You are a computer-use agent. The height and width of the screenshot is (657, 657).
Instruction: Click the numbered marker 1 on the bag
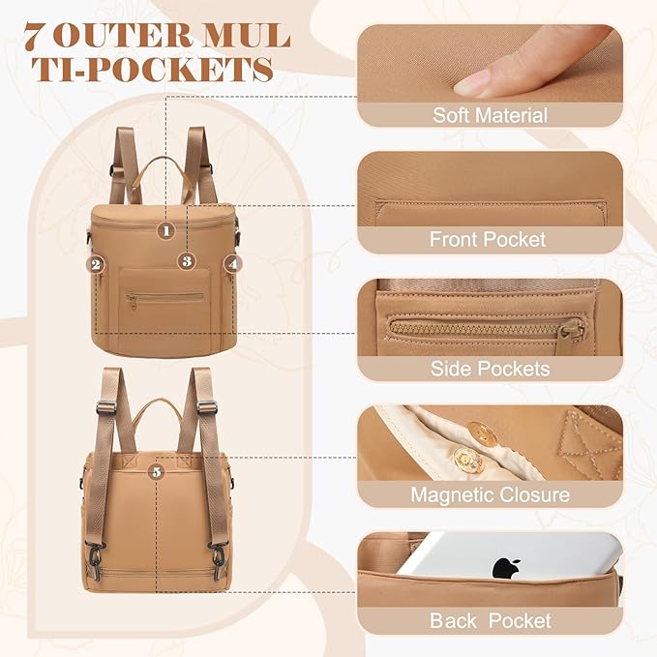click(166, 230)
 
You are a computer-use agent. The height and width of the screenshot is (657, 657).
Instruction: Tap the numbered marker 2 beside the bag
click(96, 264)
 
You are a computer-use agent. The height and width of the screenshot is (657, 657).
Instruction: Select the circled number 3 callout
click(187, 261)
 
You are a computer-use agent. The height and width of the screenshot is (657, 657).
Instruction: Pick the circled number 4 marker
click(233, 264)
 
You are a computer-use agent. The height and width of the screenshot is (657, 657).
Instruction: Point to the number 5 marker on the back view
click(157, 472)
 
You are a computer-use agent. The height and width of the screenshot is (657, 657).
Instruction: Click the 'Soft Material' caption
click(490, 115)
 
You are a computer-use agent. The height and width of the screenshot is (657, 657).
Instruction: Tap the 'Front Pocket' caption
click(488, 239)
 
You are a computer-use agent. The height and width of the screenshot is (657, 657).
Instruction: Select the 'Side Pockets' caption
click(490, 369)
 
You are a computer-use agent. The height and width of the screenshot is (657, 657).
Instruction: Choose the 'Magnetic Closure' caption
click(490, 494)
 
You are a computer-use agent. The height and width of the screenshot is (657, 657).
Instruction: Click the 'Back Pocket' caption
click(491, 620)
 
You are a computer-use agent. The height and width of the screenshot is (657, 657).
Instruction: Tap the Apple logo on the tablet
click(507, 568)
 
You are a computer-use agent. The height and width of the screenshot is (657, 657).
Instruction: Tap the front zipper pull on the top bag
click(132, 302)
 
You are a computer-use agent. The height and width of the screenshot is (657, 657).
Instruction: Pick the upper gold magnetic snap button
click(482, 434)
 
